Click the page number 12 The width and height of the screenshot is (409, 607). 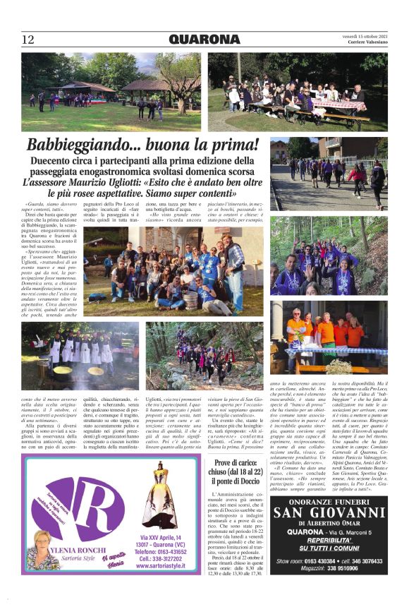28,40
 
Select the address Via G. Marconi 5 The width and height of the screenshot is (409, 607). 352,531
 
